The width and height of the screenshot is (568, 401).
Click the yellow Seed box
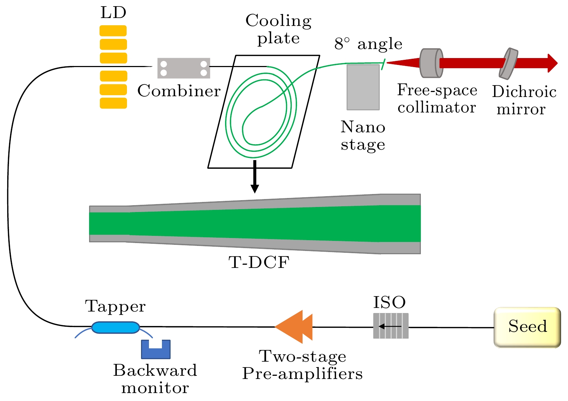527,327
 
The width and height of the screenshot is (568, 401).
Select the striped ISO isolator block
391,326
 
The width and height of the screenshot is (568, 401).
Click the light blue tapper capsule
115,327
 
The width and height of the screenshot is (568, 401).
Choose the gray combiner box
184,68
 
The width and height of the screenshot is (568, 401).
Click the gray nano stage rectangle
363,87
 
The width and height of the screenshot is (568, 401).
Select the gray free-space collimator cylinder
431,63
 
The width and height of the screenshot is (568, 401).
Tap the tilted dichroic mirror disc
508,63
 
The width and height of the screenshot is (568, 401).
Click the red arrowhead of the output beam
552,63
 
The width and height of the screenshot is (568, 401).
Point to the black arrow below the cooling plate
255,177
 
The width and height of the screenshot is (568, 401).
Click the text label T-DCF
259,263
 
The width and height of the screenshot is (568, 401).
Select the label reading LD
113,13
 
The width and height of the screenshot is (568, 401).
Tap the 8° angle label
368,44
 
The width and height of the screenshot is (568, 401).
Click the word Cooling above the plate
278,21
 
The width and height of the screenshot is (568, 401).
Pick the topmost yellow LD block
113,31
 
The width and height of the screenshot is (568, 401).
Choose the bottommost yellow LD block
113,103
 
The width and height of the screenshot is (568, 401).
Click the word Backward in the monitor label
155,370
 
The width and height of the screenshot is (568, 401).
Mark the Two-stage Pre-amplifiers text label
302,365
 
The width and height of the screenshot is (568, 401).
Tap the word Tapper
115,307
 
